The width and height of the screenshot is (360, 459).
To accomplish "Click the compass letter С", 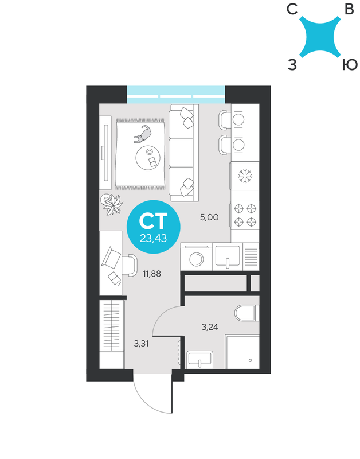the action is [x=292, y=9].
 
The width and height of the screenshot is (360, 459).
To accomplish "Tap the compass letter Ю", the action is [x=350, y=64].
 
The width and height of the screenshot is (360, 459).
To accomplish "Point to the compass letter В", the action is [x=349, y=9].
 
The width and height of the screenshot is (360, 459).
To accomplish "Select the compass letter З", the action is [x=292, y=64].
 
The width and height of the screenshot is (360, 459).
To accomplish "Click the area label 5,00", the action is [x=209, y=217].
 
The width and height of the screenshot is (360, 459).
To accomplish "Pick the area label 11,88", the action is [x=152, y=274].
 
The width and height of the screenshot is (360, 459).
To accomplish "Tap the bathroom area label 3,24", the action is [x=210, y=326].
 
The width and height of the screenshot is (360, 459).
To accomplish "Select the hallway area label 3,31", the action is [x=141, y=343].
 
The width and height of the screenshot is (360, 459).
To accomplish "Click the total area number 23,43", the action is [x=153, y=238].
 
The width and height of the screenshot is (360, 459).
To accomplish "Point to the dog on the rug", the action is [x=143, y=134].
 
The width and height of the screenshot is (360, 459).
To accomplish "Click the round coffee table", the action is [x=148, y=157].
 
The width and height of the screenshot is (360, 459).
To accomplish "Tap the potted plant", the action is [x=112, y=204].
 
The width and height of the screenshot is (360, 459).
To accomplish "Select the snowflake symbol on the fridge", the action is [x=245, y=176].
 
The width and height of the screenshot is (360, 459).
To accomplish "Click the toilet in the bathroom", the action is [x=247, y=313].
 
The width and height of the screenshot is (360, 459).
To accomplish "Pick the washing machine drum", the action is [x=196, y=259].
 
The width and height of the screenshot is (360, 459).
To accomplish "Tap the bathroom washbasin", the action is [x=200, y=360].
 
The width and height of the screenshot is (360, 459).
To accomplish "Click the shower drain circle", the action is [x=250, y=360].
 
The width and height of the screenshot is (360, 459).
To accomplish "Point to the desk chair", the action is [x=130, y=265].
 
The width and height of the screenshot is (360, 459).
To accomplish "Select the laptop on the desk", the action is [x=111, y=258].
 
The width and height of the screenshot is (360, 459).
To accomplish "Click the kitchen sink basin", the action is [x=228, y=256].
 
